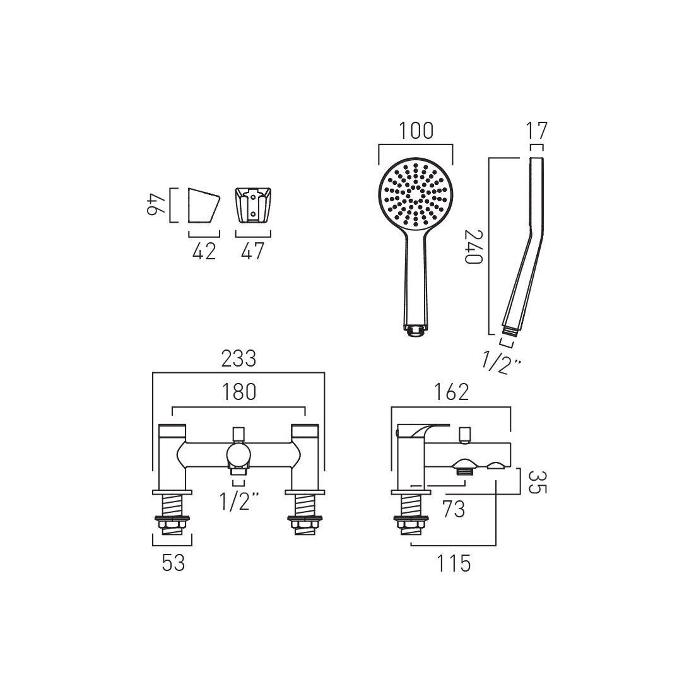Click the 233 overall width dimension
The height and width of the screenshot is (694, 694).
[238, 358]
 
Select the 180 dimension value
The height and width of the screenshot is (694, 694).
[239, 392]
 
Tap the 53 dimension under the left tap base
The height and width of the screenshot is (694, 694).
[173, 563]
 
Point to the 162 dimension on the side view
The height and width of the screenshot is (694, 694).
[451, 392]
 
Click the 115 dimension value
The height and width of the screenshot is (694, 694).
[454, 563]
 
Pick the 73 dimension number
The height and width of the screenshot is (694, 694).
[453, 509]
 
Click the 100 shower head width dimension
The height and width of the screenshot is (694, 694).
[416, 131]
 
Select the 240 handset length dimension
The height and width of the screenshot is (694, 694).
[474, 247]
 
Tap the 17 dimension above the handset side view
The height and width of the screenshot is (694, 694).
[537, 131]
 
